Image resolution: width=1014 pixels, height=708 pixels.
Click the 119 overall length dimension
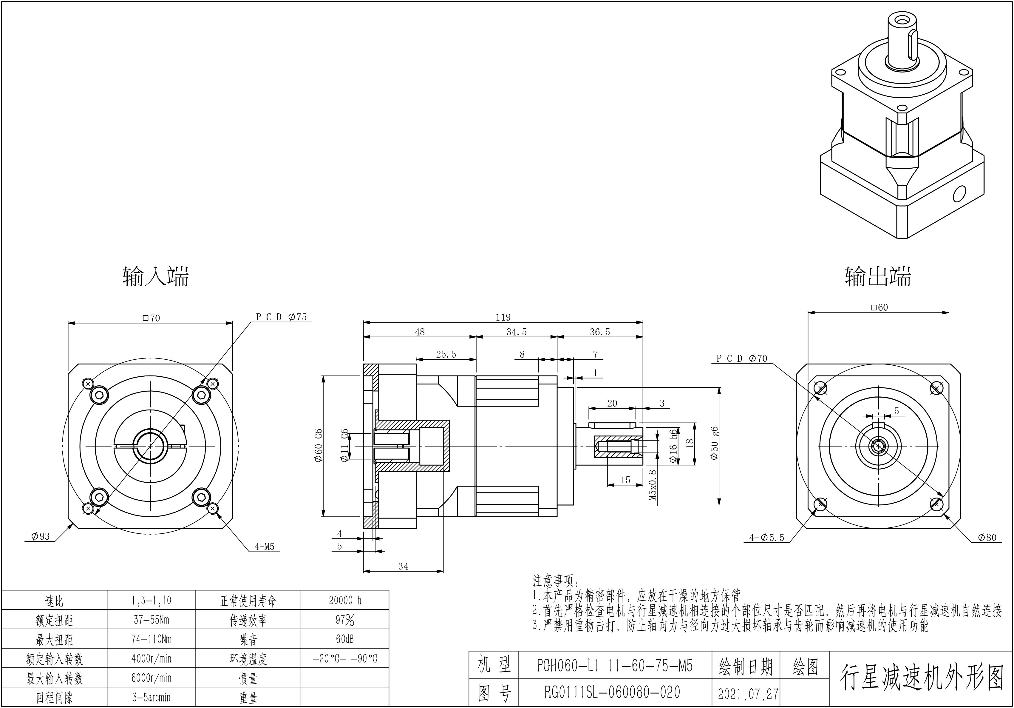pos(503,317)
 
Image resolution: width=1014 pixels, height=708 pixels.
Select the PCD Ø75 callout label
pos(281,317)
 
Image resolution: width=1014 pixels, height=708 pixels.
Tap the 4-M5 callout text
pos(264,547)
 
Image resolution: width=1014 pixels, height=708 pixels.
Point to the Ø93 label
pos(40,537)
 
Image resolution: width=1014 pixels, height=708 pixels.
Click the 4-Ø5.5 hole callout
pos(767,538)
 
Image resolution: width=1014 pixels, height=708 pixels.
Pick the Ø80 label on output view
pos(987,537)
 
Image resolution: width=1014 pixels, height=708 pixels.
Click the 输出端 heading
pos(878,277)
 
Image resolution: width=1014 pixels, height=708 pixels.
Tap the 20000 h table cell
pos(345,600)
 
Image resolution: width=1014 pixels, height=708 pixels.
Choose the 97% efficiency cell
pos(345,620)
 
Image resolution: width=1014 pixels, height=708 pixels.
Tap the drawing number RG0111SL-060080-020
pos(612,692)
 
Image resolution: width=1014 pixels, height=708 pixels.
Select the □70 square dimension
pos(152,318)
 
